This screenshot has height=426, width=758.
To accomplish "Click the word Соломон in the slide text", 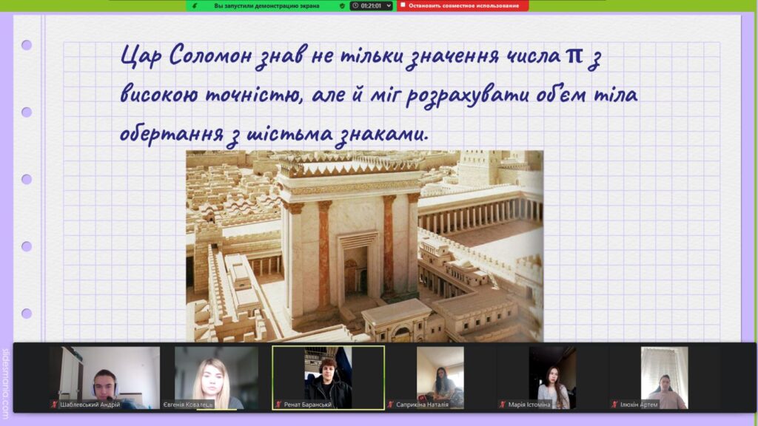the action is tap(211, 55).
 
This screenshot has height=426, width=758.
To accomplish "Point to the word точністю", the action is tap(255, 94).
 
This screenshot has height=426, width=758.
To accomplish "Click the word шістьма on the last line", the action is tap(289, 134).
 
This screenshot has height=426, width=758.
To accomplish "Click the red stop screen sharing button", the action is tap(463, 6).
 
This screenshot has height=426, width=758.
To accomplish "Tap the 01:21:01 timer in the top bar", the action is tap(372, 6).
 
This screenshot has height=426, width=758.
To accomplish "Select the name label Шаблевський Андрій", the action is tap(90, 405).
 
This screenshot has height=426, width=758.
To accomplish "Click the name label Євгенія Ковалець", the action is tap(188, 405).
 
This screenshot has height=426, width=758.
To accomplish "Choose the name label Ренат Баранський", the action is tap(307, 405).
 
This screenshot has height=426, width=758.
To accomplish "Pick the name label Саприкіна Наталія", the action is tap(422, 405).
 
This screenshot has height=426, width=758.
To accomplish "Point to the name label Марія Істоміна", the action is tap(529, 405).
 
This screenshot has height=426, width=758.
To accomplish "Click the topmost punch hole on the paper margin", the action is tap(27, 45).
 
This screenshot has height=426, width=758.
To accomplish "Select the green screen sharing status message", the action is tap(266, 6).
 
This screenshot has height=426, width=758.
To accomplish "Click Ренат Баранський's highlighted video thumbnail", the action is tap(328, 378).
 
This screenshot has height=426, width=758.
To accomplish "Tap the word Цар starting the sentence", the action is tap(141, 56).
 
